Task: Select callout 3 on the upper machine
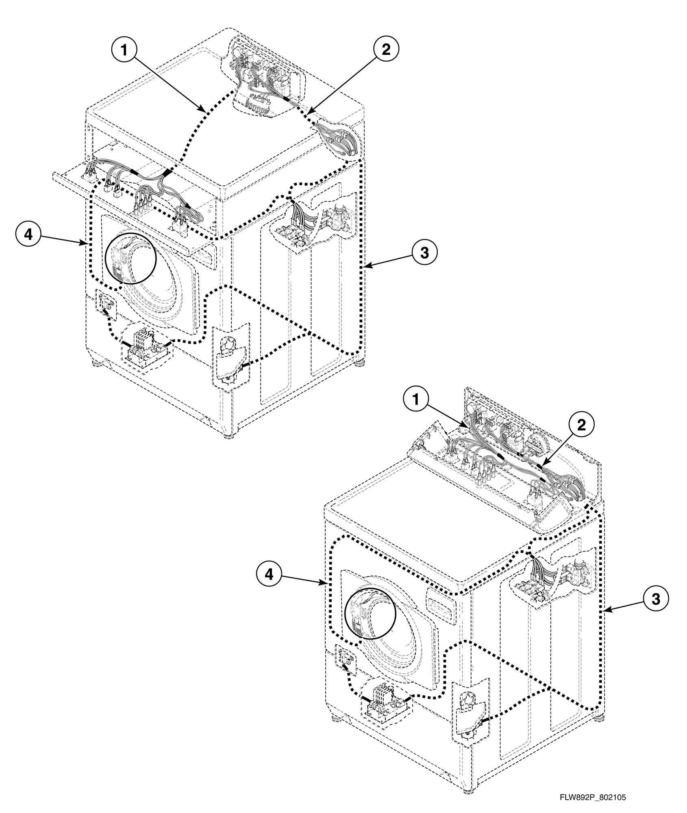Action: pyautogui.click(x=424, y=253)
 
